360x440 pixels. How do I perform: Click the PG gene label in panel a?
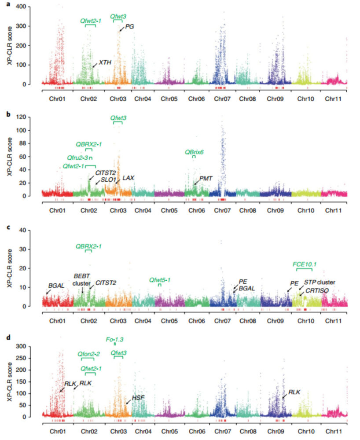coord(129,26)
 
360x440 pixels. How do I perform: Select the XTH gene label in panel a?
coord(105,62)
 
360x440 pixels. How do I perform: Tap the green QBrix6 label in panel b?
coord(194,152)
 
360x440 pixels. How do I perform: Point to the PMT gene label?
coord(206,178)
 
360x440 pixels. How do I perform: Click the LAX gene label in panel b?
coord(128,178)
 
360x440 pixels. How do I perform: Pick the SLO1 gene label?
coord(108,180)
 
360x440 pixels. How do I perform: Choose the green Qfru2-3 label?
coord(78,158)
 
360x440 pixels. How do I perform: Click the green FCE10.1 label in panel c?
coord(305,264)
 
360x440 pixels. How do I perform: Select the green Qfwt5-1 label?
coord(160,279)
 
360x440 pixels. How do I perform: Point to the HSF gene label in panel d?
coord(138,397)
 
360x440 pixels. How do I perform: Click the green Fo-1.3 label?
coord(115,339)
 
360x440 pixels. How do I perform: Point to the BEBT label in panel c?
coord(81,275)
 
